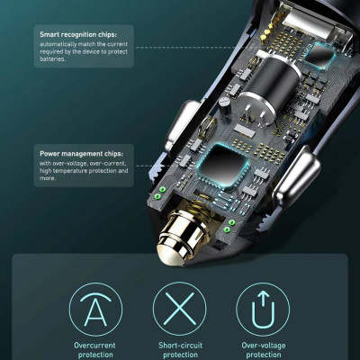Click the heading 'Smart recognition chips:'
78,34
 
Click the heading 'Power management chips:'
81,154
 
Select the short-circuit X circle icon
180,309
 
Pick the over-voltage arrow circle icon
263,309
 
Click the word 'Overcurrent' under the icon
94,346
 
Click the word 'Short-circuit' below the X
180,346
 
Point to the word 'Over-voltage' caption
264,346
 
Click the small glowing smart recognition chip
323,54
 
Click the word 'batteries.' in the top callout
52,59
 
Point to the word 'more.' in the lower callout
48,178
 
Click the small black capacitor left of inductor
225,105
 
